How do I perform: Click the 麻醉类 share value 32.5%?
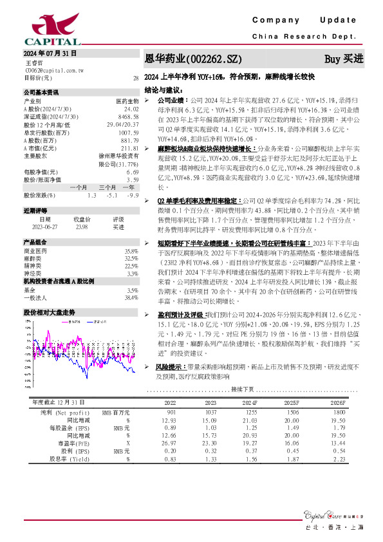tap(131, 257)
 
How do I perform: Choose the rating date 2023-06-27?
tap(46, 226)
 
